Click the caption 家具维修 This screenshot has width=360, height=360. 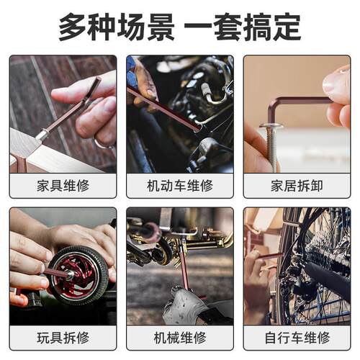(63, 186)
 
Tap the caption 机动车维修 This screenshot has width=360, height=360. (180, 186)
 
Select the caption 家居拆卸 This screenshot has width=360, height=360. (297, 186)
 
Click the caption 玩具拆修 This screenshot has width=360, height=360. (63, 338)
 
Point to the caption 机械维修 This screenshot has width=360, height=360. (180, 338)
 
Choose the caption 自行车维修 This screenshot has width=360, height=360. (297, 338)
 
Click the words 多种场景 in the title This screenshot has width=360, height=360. (117, 27)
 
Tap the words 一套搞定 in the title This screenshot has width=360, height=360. (243, 27)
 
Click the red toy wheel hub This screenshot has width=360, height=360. (76, 273)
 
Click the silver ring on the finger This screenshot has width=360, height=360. (103, 144)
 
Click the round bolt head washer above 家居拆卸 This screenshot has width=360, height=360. (271, 125)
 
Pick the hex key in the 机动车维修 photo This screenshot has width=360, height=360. (163, 109)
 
